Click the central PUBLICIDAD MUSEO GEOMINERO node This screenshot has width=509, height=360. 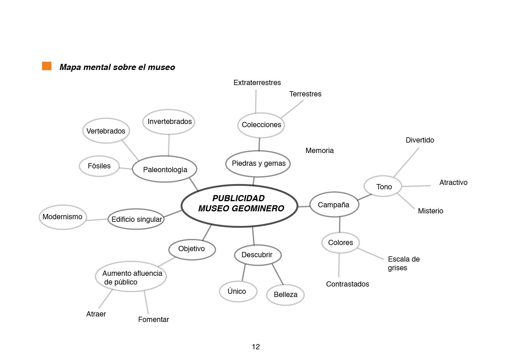pos(239,206)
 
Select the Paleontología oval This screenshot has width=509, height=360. pos(165,169)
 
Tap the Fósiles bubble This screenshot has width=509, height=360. pos(99,166)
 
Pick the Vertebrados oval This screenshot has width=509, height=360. pos(106,131)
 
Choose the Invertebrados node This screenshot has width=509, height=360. pos(169,122)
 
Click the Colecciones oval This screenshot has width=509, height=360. pos(261,125)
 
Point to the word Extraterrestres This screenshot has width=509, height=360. pos(257,83)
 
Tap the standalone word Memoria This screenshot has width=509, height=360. pos(320,150)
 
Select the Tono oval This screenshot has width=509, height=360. pos(383,187)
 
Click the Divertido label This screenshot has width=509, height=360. pos(420,140)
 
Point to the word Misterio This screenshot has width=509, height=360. pos(430,211)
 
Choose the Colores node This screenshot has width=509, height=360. pos(340,243)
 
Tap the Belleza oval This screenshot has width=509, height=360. pos(285,295)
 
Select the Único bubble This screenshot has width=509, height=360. pos(237,291)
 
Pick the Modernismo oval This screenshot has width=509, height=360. pos(62,217)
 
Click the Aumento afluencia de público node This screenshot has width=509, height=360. pos(131,277)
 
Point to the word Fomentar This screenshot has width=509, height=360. pos(154,320)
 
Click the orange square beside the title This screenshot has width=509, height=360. pos(47,66)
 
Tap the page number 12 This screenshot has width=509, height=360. pos(256,347)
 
